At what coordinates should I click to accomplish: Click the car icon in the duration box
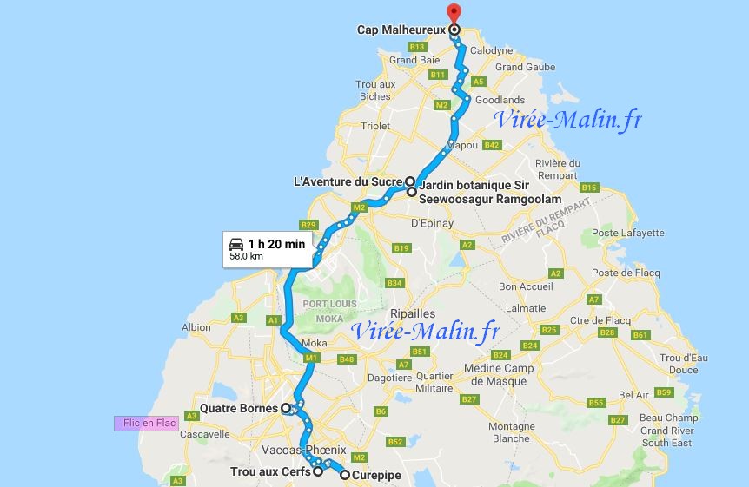[235, 243]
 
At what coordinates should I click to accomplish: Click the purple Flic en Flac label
[145, 424]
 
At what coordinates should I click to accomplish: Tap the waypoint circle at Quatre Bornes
[285, 408]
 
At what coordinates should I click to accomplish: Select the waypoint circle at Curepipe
[345, 475]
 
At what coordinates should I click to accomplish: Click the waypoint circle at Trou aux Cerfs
[318, 472]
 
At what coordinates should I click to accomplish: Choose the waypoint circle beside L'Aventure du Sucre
[410, 182]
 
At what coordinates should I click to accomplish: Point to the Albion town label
[196, 327]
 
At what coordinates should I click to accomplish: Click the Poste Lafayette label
[627, 233]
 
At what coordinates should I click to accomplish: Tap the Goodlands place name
[503, 100]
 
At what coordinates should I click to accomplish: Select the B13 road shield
[417, 46]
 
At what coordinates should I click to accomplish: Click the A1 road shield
[273, 321]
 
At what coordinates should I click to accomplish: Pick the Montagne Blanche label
[512, 432]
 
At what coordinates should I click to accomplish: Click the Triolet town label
[375, 126]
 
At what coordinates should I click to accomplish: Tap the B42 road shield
[493, 144]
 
